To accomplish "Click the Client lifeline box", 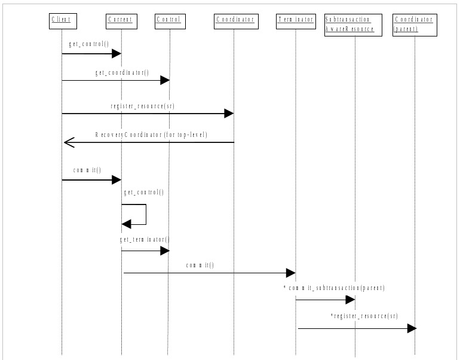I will coord(62,20).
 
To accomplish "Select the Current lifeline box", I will coord(121,20).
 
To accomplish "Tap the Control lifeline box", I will coord(169,20).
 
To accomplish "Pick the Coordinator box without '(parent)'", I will coord(234,20).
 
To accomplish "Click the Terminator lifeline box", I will coord(295,20).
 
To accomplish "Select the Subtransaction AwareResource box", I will coord(353,25).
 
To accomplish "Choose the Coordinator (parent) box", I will coord(415,25).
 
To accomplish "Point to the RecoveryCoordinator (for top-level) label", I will coord(151,135).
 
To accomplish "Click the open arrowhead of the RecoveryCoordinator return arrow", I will coord(68,142).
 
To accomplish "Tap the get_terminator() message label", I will coord(144,240).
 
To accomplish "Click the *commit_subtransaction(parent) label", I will coord(334,288).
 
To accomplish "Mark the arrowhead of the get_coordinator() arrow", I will coord(165,80).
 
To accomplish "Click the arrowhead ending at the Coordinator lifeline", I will coord(229,113).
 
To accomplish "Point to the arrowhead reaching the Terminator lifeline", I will coord(291,273).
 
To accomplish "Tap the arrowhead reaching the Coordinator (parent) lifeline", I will coord(412,328).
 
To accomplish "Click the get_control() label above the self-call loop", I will coord(143,193).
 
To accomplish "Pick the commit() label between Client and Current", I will coord(87,170).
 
